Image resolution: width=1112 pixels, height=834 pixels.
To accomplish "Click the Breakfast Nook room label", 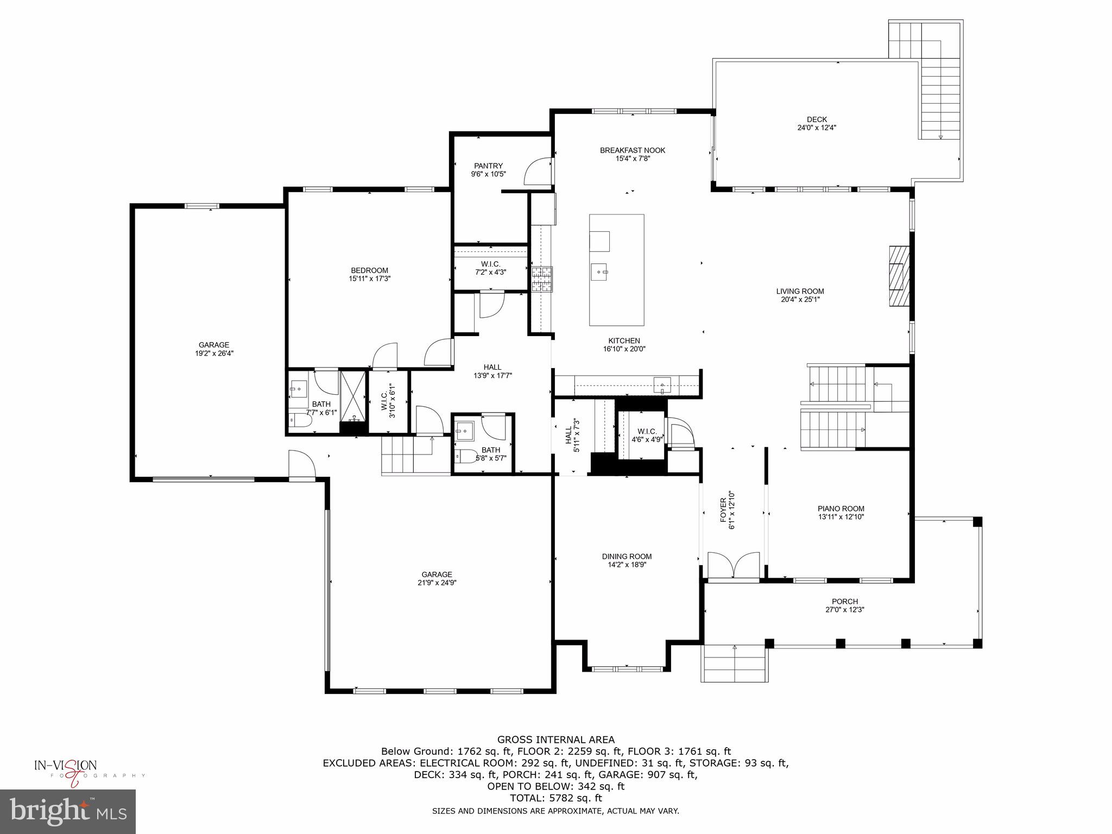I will coord(632,150).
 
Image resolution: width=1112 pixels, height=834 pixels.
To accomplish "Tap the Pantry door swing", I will coord(538,171).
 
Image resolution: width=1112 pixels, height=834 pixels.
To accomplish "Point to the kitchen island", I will coord(617,270).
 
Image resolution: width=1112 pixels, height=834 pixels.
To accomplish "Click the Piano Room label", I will coord(841,509).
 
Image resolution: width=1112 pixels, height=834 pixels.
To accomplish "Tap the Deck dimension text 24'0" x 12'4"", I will coord(817,128).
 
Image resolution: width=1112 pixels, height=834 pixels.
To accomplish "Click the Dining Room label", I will coord(627,556).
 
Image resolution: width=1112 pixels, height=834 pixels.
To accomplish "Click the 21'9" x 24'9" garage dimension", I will coord(437,583).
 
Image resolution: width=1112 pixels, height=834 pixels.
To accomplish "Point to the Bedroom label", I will coord(369,270).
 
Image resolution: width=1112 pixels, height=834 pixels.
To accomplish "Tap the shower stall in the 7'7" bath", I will coord(353,401).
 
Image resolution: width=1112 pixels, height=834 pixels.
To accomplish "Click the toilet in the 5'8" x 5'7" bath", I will coord(463,456).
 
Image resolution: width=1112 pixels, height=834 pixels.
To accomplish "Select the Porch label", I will coord(844,601).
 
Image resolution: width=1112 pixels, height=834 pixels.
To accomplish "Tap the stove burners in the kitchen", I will coord(542,280).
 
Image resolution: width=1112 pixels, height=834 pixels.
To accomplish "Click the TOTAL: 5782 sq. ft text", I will coord(555,798).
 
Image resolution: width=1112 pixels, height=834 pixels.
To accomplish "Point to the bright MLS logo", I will coord(67,811).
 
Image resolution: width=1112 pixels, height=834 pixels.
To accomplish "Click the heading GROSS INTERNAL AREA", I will coord(555,740).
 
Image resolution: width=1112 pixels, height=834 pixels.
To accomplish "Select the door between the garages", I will coord(301,465).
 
